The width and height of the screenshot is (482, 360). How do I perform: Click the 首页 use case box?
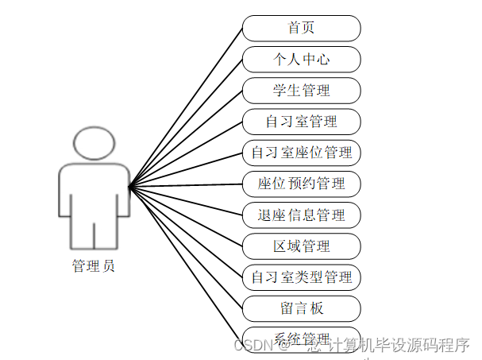[x=301, y=28]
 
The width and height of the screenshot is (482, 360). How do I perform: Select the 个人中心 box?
[x=301, y=59]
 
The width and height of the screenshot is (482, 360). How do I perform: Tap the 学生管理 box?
[x=301, y=90]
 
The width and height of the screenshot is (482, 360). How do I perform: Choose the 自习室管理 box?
[x=301, y=121]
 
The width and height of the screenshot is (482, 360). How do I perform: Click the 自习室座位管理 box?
[x=301, y=152]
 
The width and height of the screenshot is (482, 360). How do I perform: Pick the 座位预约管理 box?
[x=301, y=184]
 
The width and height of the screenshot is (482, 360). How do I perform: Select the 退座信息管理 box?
[x=301, y=215]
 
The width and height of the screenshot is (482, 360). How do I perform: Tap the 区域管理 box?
[x=301, y=246]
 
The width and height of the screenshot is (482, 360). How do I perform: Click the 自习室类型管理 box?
[x=301, y=277]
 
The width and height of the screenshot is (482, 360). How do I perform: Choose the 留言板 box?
[x=301, y=308]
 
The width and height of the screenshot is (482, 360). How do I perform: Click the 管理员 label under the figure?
[x=93, y=265]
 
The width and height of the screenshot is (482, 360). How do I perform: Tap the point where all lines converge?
[x=129, y=187]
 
